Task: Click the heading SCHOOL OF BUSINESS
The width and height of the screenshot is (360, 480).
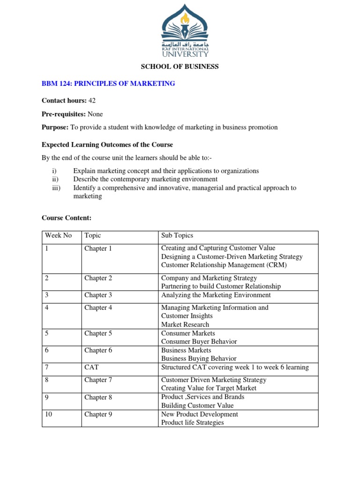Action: click(180, 67)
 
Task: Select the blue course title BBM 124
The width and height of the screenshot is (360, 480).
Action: click(108, 83)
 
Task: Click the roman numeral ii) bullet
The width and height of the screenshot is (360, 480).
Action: click(55, 179)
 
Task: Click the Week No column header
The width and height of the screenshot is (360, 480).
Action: click(58, 235)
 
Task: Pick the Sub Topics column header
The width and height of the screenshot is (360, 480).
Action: click(177, 235)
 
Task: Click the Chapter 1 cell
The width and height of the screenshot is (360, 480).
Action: click(98, 248)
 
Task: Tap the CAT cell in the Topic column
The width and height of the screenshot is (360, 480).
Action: click(91, 367)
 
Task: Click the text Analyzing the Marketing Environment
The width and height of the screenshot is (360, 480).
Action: click(216, 295)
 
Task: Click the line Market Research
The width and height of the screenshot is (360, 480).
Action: click(185, 324)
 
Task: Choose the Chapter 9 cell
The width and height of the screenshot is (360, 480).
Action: click(98, 414)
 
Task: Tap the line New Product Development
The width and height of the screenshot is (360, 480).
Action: click(199, 414)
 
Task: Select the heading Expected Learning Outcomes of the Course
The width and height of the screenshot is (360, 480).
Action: click(107, 144)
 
